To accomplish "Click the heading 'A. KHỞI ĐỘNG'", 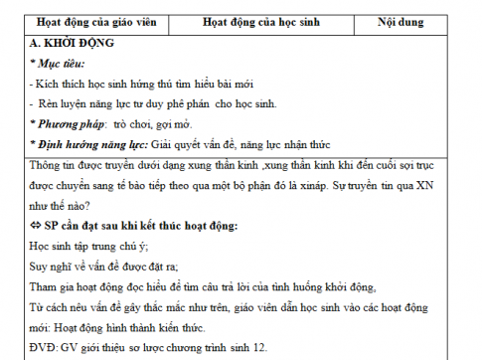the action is (73, 44).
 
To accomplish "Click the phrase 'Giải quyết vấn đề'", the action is (205, 147).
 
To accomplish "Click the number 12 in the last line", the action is (267, 347).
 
